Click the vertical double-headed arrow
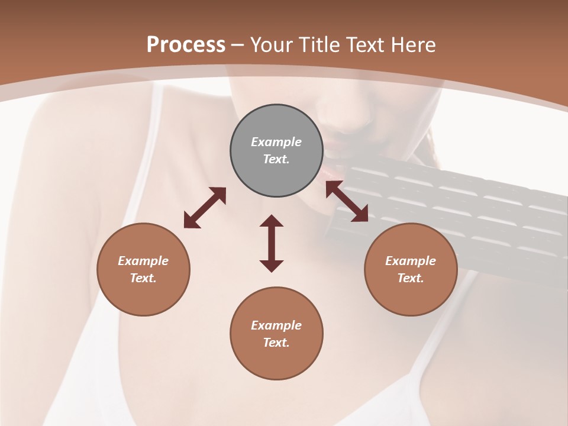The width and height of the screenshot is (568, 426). pos(272,243)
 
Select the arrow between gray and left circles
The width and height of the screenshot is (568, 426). pos(205,208)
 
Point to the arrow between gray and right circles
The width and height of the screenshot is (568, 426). pos(347,201)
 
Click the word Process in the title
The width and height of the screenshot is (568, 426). pos(186,44)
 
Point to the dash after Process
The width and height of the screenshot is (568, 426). pos(237,45)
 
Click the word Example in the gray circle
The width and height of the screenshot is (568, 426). pos(276,142)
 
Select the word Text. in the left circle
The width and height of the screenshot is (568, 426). pos(143,278)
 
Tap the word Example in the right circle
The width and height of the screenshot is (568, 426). pos(411,261)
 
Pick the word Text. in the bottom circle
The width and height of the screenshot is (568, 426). pos(276,343)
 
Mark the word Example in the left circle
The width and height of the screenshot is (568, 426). pos(143,261)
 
